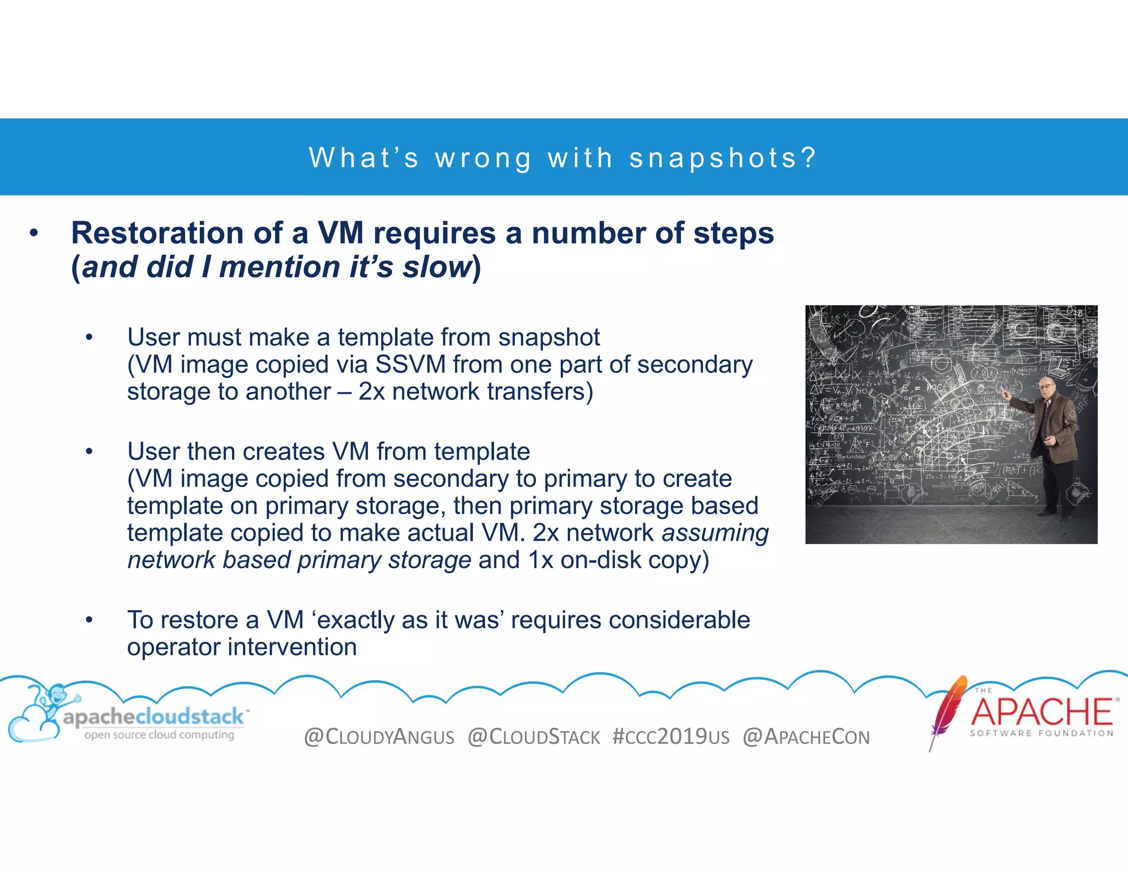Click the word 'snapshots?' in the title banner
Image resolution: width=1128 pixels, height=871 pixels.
[722, 158]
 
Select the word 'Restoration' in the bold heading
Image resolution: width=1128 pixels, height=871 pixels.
[157, 233]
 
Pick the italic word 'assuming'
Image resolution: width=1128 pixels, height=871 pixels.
[715, 533]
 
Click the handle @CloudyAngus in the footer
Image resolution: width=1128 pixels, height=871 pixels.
[379, 737]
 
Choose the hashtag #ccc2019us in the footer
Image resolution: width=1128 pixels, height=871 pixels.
[671, 737]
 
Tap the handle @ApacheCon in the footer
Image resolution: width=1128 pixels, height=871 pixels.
[806, 737]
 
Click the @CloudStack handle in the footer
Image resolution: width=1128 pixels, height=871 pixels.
[534, 737]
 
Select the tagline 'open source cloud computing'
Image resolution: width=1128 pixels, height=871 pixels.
[159, 735]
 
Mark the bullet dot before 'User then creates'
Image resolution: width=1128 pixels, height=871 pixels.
[89, 452]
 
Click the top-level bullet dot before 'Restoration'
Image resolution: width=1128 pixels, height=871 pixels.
[34, 233]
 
